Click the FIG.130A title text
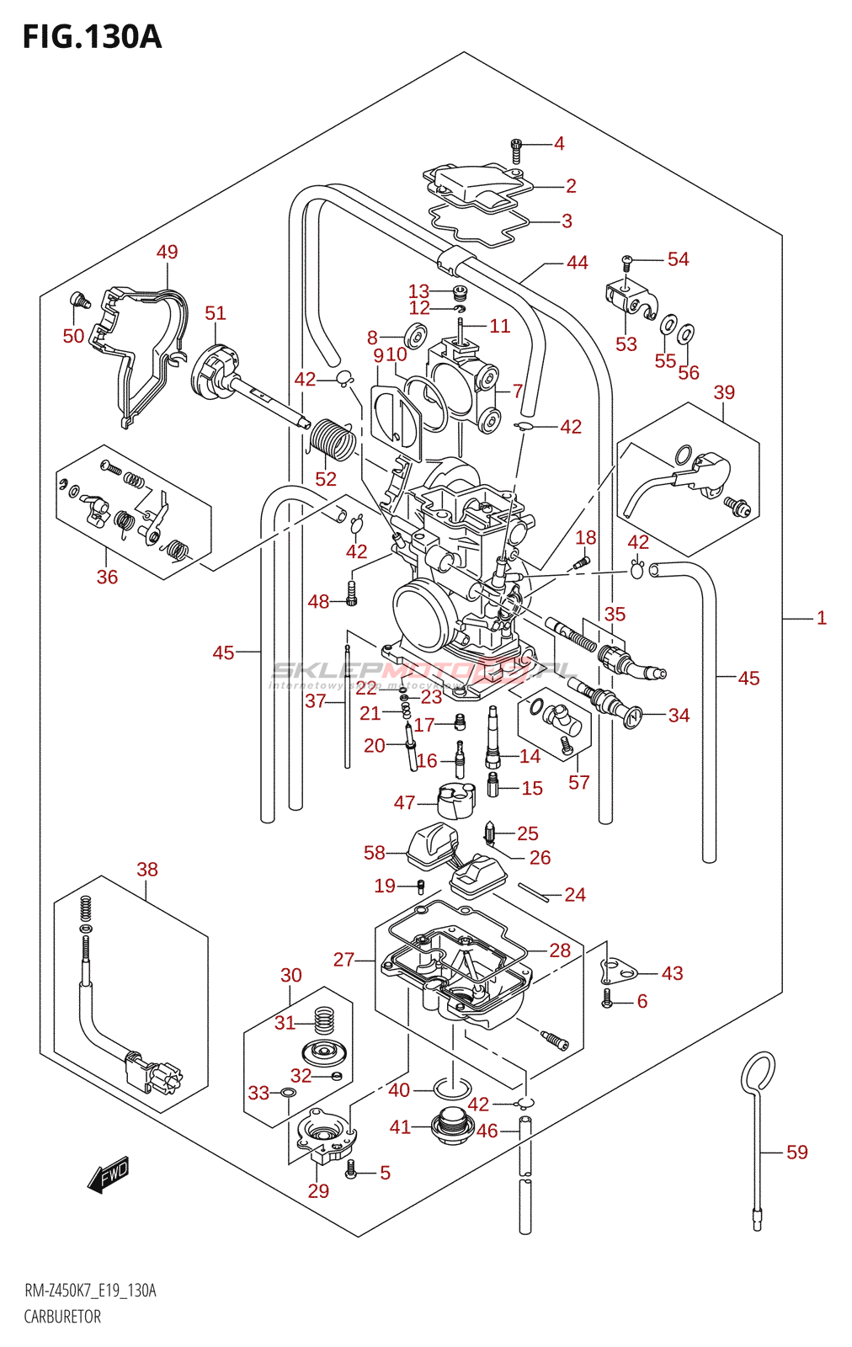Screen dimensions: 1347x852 click(92, 37)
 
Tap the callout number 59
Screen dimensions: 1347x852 click(796, 1152)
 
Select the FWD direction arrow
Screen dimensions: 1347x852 click(109, 1174)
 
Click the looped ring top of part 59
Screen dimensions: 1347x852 click(758, 1073)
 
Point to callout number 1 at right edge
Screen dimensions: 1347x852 click(822, 618)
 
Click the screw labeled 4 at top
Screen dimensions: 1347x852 click(516, 151)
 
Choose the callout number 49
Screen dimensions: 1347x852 click(168, 252)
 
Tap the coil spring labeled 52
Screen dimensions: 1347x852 click(332, 440)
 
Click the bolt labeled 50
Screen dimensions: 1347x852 click(80, 298)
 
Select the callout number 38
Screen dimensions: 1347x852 click(147, 869)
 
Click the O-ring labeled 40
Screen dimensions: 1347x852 click(452, 1088)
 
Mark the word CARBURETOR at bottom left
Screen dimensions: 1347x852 click(62, 1317)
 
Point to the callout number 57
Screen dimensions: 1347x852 click(578, 782)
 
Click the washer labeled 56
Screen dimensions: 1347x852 click(686, 335)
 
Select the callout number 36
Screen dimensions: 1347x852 click(107, 577)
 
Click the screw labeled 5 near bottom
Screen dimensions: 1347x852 click(352, 1169)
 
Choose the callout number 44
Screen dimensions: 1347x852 click(577, 263)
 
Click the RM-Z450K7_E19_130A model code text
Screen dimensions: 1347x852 click(90, 1291)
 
